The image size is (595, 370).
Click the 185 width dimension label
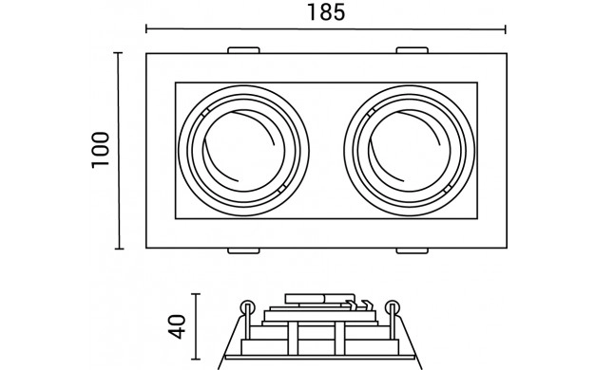(x=326, y=12)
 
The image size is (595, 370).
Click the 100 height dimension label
(x=101, y=150)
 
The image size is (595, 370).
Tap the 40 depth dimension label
(x=178, y=326)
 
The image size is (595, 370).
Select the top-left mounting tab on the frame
(x=243, y=50)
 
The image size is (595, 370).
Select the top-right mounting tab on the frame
(x=413, y=50)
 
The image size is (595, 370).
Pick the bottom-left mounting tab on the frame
(x=243, y=250)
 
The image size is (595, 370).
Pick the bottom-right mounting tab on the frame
(x=413, y=250)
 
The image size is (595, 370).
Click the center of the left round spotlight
(x=243, y=151)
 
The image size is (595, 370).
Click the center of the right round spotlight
(x=410, y=151)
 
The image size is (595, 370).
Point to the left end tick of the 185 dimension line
(x=146, y=28)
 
